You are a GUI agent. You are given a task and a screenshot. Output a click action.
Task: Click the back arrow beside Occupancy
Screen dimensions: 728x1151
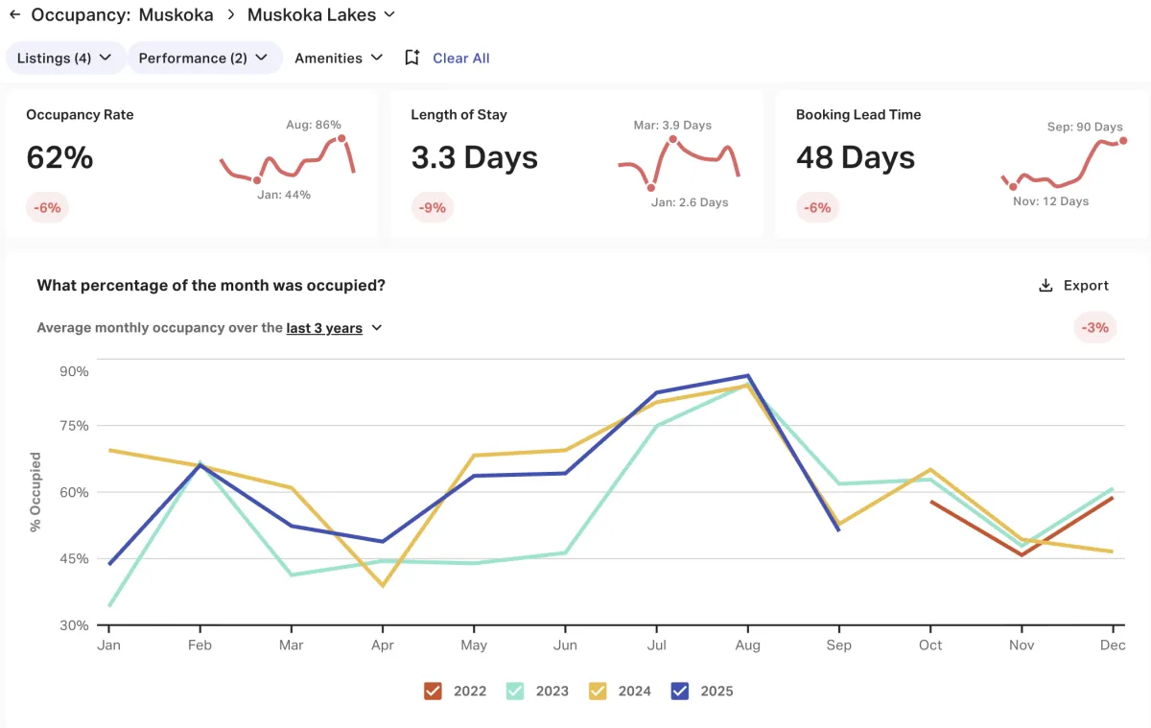point(14,15)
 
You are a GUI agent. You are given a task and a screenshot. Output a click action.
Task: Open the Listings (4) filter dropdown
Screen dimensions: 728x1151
point(65,58)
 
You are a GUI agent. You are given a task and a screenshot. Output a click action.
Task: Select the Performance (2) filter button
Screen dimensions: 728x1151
point(203,58)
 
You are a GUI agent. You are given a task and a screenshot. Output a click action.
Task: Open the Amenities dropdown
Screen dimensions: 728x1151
point(339,58)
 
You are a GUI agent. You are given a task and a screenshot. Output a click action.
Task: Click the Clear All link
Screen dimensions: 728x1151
point(460,58)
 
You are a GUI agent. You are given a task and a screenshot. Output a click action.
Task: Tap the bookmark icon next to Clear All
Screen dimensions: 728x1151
point(411,58)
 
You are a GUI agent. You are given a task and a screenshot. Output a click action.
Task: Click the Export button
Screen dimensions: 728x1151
point(1073,286)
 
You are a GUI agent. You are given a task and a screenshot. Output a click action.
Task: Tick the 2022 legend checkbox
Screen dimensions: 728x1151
point(433,691)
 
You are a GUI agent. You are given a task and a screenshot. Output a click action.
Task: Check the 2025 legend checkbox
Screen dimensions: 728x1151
point(681,691)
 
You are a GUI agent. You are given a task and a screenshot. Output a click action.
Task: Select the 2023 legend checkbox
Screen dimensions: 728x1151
point(515,691)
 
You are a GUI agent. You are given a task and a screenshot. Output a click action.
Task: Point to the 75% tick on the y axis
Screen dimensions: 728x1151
point(73,426)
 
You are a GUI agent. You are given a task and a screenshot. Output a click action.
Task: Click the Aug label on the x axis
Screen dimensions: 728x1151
point(747,646)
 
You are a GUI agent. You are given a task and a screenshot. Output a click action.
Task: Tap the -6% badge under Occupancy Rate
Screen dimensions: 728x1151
point(47,207)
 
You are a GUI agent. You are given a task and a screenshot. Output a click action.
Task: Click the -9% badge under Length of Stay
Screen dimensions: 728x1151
point(432,207)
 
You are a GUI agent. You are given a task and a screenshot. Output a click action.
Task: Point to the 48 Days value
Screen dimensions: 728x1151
point(856,157)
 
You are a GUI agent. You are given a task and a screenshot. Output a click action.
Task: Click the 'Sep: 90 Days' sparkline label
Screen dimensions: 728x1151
point(1084,127)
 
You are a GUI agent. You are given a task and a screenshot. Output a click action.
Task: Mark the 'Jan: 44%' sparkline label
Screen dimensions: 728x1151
point(285,195)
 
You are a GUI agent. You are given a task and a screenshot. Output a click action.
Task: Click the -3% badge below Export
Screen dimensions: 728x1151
point(1094,327)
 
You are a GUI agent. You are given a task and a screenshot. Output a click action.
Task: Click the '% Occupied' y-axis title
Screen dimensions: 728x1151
point(35,491)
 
